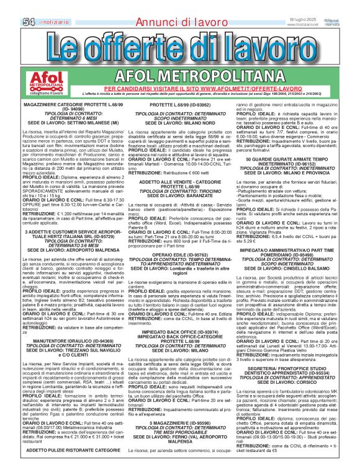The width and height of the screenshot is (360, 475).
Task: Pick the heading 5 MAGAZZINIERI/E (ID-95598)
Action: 180,424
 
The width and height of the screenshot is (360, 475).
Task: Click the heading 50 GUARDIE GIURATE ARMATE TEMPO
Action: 290,160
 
